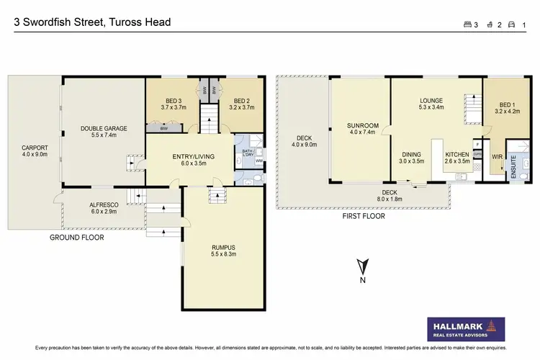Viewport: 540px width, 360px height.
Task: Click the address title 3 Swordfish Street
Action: point(93,22)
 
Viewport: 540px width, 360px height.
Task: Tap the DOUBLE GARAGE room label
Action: point(104,129)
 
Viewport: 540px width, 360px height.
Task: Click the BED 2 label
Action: point(241,102)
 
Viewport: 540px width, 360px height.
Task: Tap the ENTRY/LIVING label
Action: point(189,156)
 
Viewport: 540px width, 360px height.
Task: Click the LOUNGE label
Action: point(432,101)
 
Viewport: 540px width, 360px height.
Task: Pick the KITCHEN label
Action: point(457,155)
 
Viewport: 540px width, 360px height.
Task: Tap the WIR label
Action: point(495,156)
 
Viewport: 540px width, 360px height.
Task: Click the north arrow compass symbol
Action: point(364,267)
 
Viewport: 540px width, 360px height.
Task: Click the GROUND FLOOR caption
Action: point(76,237)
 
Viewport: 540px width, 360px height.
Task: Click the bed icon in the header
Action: point(468,24)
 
